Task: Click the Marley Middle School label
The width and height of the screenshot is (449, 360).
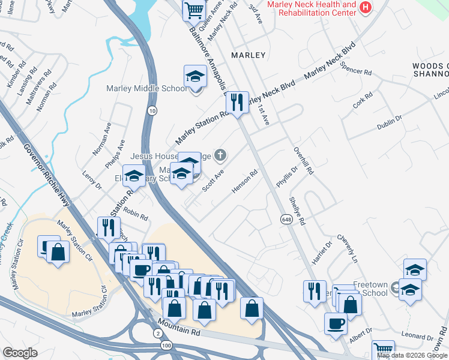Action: click(x=146, y=89)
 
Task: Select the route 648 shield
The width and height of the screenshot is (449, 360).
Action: click(x=285, y=220)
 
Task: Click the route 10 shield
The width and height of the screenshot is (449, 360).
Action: click(x=152, y=110)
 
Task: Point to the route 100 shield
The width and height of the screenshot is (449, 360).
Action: click(x=166, y=347)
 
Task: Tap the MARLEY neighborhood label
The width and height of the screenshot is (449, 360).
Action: click(x=248, y=55)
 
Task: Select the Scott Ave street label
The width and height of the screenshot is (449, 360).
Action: click(x=212, y=180)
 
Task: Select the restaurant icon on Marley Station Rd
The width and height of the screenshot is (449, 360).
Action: click(x=238, y=101)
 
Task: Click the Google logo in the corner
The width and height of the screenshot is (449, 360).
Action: click(x=20, y=353)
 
